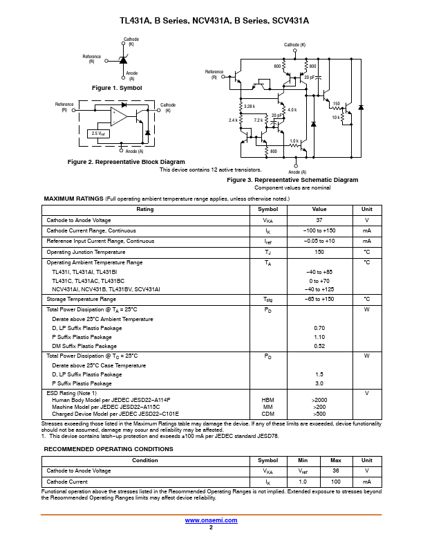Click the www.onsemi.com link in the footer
[211, 520]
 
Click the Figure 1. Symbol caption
[117, 88]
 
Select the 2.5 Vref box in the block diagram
[99, 133]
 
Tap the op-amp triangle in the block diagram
[119, 116]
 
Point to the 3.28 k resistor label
[250, 106]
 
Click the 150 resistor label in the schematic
[337, 104]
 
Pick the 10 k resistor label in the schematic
[336, 117]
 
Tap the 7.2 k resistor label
[258, 120]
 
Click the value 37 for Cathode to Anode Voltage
[319, 220]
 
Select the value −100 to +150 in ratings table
[319, 230]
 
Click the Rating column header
[145, 209]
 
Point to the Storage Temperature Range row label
[81, 299]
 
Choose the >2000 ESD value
[319, 400]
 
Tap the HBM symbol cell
[268, 400]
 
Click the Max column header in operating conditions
[336, 460]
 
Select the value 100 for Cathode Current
[336, 482]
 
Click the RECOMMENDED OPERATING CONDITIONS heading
[109, 449]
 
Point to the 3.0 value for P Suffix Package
[319, 383]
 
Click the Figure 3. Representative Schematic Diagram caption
[292, 180]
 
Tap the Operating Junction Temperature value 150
[319, 252]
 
